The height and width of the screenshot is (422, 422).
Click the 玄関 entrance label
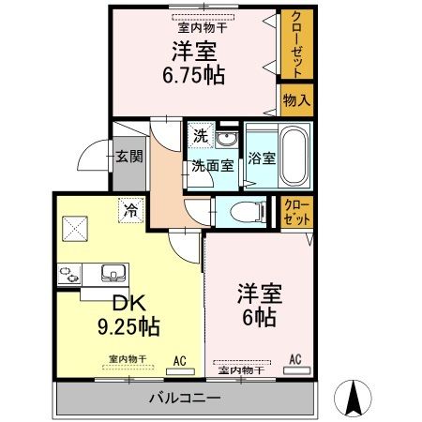point(129,156)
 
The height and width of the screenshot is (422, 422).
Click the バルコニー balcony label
point(185,399)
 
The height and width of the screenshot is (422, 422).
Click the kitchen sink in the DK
point(112,274)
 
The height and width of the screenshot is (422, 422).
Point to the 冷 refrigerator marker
point(128,211)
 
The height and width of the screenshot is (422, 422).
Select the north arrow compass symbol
point(354,397)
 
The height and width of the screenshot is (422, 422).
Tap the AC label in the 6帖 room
point(294,359)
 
